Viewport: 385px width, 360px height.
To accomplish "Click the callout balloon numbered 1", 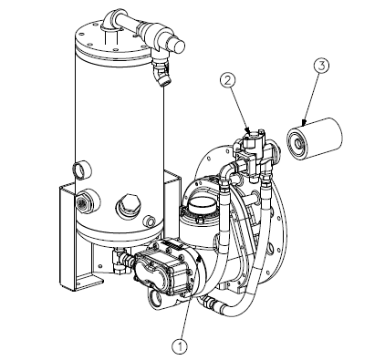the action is tap(180, 346).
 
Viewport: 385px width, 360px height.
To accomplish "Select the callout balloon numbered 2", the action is tap(229, 80).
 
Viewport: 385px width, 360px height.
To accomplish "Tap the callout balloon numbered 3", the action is tap(321, 66).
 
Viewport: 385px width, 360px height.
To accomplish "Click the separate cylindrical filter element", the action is tap(315, 139).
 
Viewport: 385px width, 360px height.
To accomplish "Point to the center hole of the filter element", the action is tap(298, 142).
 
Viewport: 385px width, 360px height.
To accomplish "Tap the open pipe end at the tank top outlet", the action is tap(179, 46).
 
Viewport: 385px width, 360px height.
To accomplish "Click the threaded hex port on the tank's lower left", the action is tap(82, 201).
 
